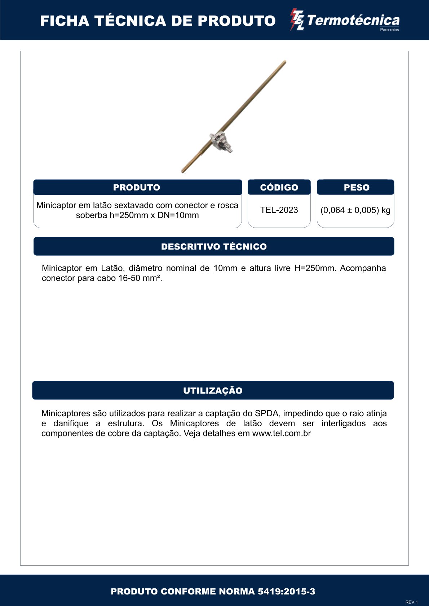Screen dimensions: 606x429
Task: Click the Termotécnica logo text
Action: tap(353, 20)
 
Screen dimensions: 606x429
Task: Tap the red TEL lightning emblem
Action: tap(297, 20)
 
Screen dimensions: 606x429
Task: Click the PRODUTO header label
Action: tap(137, 188)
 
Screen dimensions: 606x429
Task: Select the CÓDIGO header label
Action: tap(279, 188)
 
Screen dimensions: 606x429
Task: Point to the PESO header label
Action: tap(357, 188)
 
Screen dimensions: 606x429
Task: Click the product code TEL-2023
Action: tap(279, 210)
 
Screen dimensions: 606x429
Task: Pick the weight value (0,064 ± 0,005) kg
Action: tap(355, 210)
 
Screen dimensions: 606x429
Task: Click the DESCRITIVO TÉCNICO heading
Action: tap(214, 247)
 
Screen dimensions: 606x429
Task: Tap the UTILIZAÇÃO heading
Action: tap(213, 391)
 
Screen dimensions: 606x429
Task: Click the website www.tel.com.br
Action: tap(281, 434)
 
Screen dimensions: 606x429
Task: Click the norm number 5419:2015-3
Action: tap(286, 592)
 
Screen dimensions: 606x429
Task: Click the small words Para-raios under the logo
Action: tap(389, 30)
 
